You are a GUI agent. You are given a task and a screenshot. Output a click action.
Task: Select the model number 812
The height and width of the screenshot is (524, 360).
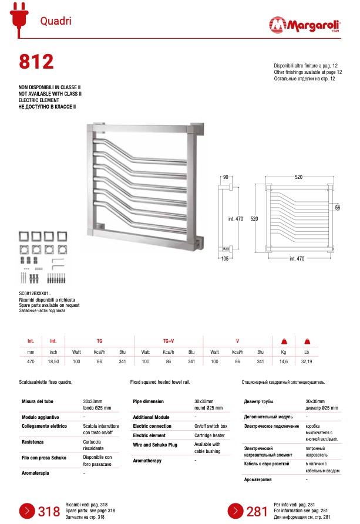36,62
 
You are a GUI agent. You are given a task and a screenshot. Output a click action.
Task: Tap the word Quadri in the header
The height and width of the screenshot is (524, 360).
56,21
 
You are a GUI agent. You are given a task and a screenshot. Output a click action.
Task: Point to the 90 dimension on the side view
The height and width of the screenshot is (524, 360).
225,177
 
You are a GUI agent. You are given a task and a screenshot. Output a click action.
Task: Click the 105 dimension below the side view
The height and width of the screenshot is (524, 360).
226,258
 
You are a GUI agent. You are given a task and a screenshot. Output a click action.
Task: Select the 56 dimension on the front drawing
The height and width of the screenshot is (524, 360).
338,208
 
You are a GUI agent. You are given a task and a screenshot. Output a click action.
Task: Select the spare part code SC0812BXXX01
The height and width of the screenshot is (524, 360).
35,293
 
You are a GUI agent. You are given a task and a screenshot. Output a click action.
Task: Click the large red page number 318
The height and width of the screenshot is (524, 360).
49,512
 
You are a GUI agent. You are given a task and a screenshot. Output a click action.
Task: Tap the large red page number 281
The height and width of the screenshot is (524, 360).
257,512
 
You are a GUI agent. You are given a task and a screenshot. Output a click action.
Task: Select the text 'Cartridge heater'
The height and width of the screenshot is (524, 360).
210,435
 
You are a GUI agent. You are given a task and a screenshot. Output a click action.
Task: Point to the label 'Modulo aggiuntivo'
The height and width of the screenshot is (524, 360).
41,417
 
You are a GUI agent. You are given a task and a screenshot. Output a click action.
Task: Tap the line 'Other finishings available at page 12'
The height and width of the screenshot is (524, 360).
308,72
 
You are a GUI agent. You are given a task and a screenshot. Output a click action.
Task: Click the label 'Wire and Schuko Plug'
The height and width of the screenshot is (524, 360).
155,445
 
